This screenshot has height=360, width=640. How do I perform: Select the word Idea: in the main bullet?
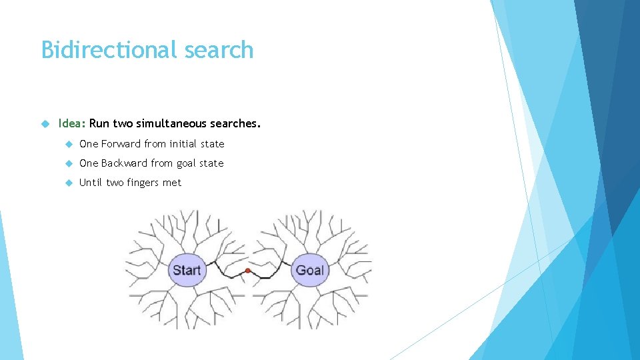(x=72, y=123)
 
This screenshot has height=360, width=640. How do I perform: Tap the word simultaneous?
(x=174, y=123)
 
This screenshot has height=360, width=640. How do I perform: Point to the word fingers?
(x=145, y=183)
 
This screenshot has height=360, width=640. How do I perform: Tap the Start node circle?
(x=187, y=270)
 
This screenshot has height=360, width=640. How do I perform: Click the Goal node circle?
(x=309, y=270)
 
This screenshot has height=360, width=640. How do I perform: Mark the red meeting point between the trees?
(x=248, y=271)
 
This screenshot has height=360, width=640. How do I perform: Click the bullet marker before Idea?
(x=45, y=123)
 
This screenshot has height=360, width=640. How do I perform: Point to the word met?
(x=172, y=183)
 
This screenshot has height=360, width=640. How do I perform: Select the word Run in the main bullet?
(x=99, y=123)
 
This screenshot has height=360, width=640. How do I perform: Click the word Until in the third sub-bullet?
(x=91, y=183)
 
